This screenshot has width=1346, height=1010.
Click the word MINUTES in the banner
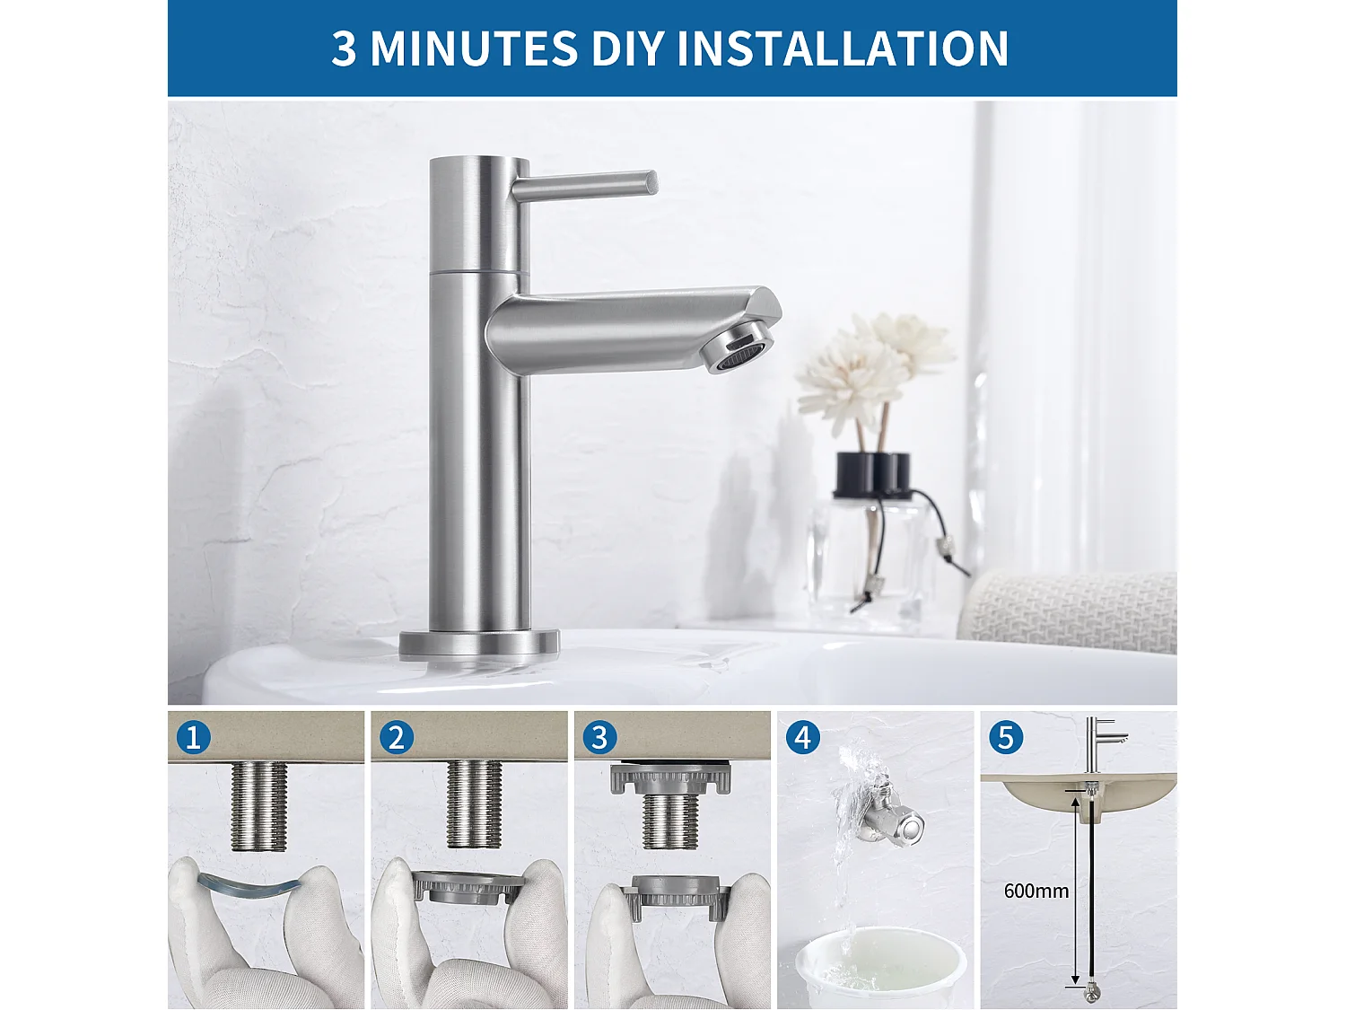473,48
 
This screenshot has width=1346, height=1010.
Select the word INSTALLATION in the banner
843,48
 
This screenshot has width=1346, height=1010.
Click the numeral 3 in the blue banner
344,48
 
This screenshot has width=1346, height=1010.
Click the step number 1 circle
193,738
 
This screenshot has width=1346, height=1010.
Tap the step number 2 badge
396,738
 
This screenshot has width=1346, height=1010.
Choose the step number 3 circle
599,738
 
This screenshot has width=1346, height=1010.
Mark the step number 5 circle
1005,738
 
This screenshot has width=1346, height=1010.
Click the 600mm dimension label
1036,891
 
